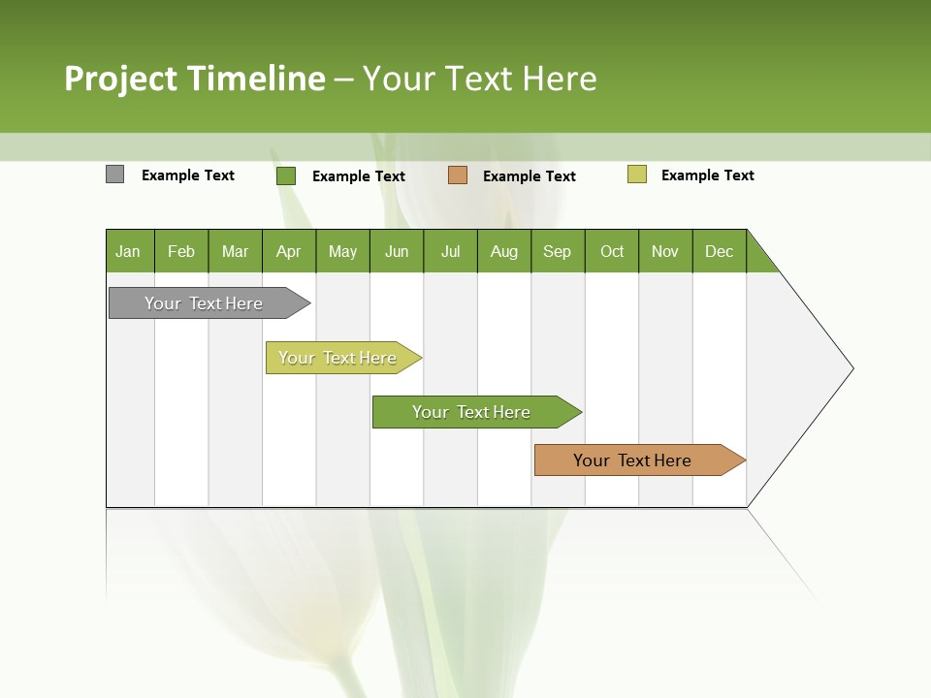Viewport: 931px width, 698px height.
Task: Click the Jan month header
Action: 129,251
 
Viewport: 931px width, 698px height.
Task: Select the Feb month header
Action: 181,251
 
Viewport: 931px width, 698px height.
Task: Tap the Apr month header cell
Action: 289,251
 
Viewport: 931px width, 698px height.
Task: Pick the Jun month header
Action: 397,251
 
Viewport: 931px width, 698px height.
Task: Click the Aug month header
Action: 504,251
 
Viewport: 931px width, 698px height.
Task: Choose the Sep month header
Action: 558,251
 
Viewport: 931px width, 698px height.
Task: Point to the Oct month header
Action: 612,251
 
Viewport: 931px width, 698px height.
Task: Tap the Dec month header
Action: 720,251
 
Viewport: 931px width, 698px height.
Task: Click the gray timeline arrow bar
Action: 205,303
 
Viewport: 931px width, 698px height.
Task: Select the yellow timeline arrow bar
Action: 338,358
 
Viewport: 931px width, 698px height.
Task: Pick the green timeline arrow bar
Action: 472,412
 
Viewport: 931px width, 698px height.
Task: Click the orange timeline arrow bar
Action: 633,460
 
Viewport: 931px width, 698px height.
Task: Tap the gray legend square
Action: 115,174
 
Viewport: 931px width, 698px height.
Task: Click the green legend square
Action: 286,175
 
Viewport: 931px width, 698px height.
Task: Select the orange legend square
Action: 458,174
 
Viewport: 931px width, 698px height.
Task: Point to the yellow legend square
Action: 637,174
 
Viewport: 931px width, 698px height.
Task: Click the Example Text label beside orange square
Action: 530,176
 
